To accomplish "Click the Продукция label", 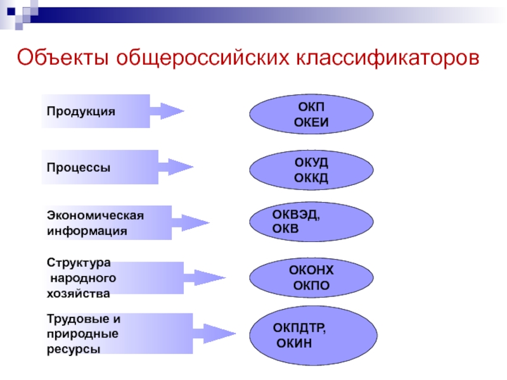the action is [x=80, y=111].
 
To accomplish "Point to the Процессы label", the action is [x=79, y=168].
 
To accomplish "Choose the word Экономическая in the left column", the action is [x=95, y=215].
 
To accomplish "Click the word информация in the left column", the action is [x=87, y=231].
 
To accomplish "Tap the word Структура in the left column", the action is [x=79, y=262].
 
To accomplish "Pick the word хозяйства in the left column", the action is [x=78, y=293].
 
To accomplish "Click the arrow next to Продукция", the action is [x=167, y=111].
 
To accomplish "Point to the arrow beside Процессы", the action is [x=176, y=167].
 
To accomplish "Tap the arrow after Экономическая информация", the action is [x=190, y=222].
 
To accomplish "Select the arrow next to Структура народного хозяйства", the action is [x=204, y=277].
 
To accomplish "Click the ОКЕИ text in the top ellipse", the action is [x=311, y=122].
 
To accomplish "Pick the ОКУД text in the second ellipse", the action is [x=311, y=163].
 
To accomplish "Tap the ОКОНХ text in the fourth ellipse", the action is [x=311, y=270].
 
